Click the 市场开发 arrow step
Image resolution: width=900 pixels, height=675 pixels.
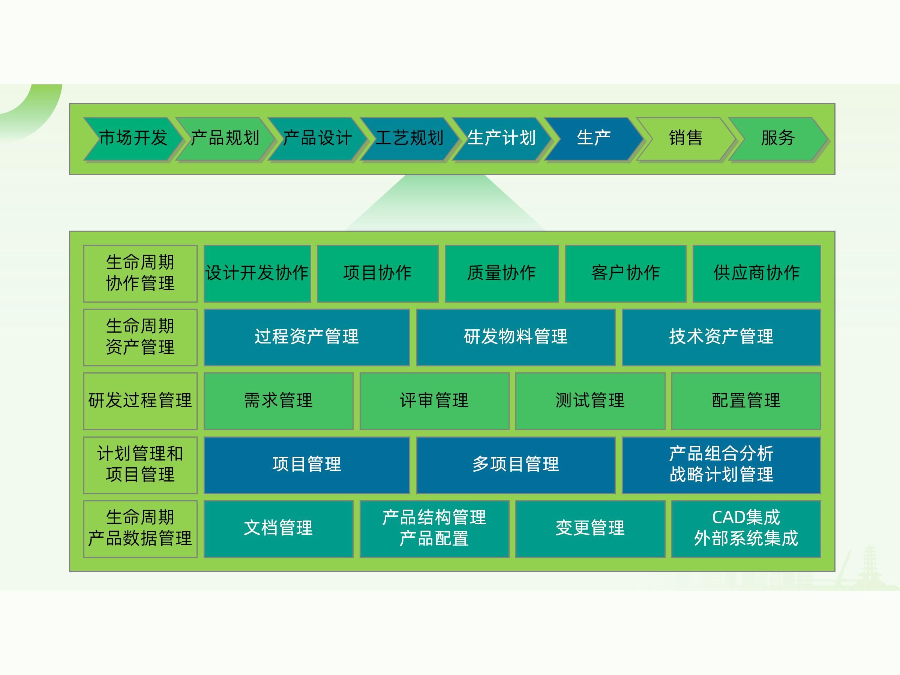click(133, 138)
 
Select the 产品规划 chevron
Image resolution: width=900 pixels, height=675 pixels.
click(225, 138)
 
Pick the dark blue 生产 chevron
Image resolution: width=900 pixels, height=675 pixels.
click(594, 138)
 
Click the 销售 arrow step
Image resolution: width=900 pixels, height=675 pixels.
click(685, 138)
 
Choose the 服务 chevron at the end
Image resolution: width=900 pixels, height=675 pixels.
click(777, 138)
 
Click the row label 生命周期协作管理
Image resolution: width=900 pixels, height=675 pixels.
click(140, 273)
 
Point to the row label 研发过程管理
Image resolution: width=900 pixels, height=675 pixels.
click(140, 401)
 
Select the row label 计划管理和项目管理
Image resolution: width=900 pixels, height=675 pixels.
click(140, 465)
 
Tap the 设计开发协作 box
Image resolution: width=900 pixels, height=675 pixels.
click(257, 273)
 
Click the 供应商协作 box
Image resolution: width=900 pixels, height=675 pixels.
click(756, 273)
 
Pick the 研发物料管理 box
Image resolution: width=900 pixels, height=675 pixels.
click(516, 337)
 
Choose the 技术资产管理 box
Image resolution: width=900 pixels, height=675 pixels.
click(721, 337)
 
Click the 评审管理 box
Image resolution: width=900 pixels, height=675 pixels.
click(434, 401)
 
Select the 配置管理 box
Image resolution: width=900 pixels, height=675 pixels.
click(746, 401)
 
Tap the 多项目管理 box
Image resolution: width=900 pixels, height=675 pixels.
click(516, 465)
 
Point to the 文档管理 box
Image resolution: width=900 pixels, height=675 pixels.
click(278, 528)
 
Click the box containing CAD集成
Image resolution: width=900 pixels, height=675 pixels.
click(746, 528)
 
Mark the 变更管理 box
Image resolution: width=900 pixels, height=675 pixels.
click(590, 528)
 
